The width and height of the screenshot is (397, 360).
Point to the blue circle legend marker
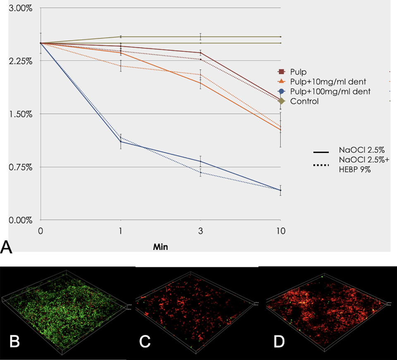tap(281, 91)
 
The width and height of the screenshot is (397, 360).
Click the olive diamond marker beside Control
tap(281, 101)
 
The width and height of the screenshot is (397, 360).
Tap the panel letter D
tap(280, 343)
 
